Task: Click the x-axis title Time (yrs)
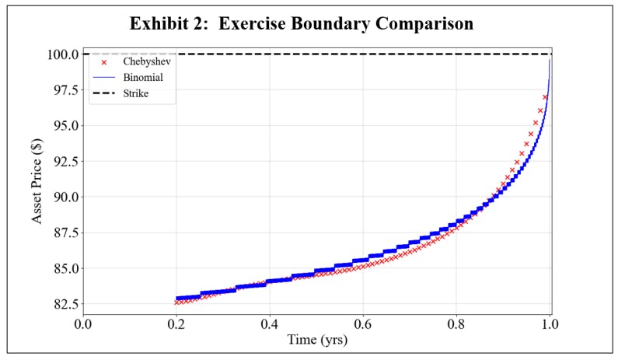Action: [316, 340]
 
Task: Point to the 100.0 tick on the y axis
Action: [62, 54]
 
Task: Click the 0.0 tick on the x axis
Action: [82, 323]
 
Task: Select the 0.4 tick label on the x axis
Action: [270, 323]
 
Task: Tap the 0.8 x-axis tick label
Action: [456, 323]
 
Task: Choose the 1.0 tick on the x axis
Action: [550, 323]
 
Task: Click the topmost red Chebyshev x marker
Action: [545, 97]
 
